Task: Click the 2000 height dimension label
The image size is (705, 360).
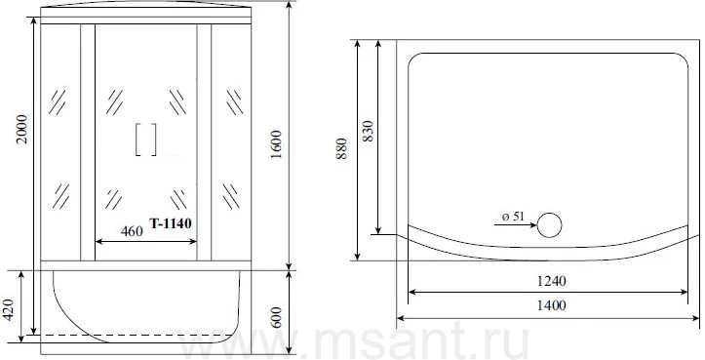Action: pos(22,129)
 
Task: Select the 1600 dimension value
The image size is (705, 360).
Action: pos(276,144)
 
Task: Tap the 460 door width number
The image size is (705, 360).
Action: pos(132,231)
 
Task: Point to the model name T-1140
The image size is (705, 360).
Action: pos(171,223)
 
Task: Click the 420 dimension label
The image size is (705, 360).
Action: pos(10,310)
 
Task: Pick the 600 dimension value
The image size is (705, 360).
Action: pos(276,317)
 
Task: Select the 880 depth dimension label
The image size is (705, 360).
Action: pos(341,149)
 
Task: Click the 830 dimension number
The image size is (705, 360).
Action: pos(368,131)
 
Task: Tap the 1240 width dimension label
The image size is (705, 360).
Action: pos(552,281)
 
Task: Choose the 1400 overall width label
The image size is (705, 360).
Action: pos(552,305)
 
